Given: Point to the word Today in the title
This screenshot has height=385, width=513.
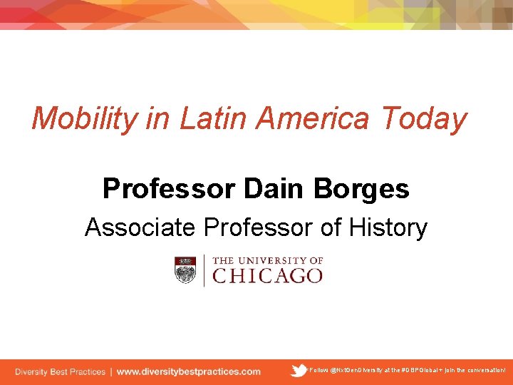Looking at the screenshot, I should (x=424, y=119).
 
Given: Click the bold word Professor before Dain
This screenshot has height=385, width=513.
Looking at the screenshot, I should (x=169, y=189).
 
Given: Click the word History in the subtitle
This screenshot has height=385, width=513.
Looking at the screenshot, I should (x=388, y=228).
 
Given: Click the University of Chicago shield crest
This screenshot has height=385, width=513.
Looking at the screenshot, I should (x=185, y=270).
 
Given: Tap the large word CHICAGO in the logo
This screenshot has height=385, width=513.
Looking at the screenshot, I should (x=268, y=276).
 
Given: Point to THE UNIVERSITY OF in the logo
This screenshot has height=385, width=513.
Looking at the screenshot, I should (x=268, y=261).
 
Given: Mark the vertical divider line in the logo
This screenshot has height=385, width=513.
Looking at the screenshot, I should (x=204, y=270).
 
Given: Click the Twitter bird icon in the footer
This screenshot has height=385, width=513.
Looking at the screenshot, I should (x=299, y=370).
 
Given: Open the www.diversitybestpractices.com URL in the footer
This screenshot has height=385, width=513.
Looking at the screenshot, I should (x=189, y=371).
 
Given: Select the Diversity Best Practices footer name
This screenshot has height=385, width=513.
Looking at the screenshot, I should (x=60, y=371).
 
